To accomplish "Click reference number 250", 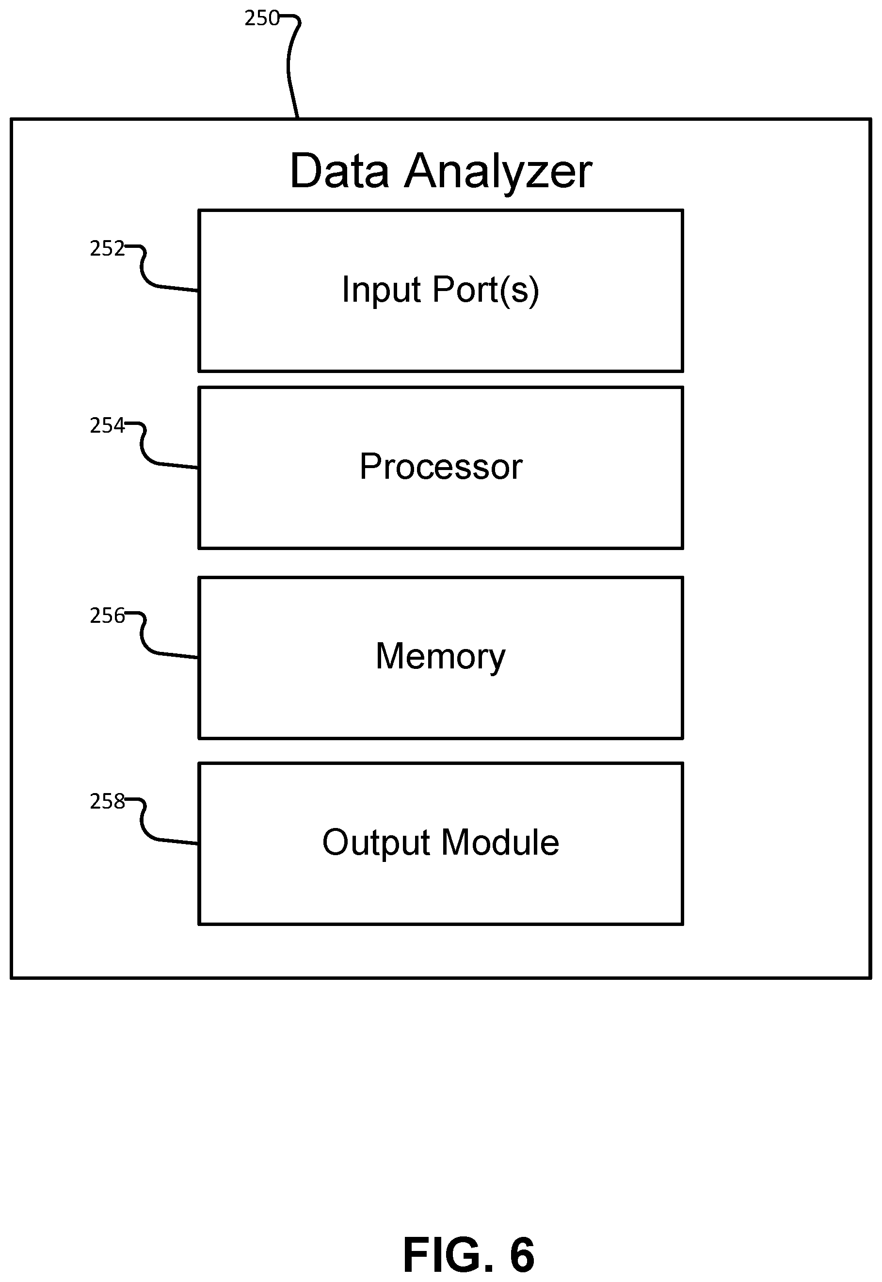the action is click(262, 19).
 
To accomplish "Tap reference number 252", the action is click(107, 249).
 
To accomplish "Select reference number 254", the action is click(107, 426).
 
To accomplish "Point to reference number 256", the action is click(107, 616).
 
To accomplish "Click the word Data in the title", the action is click(339, 171).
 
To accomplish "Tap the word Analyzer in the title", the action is click(498, 173).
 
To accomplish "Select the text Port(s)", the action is click(486, 291).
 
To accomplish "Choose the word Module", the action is click(500, 843).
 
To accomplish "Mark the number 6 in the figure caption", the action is click(522, 1255).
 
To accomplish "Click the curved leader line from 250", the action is click(289, 66).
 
